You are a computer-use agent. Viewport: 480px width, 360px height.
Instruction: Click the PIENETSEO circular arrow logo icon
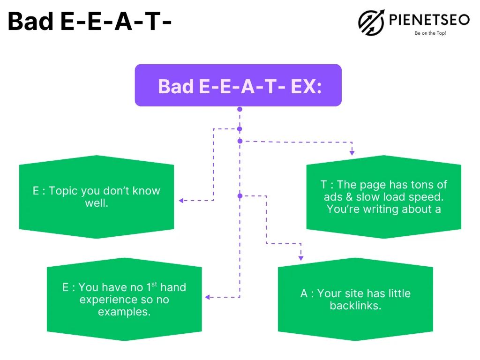[371, 22]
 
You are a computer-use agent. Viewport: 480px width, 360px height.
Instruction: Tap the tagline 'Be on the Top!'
[430, 33]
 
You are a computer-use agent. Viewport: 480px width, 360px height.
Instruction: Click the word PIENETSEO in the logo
[429, 20]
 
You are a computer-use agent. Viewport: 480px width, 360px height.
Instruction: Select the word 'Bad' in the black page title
[30, 22]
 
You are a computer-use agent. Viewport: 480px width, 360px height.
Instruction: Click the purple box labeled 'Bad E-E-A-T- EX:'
[238, 85]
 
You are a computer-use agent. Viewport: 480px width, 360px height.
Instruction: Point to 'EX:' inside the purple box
[306, 86]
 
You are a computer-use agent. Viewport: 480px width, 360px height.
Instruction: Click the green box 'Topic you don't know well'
[97, 197]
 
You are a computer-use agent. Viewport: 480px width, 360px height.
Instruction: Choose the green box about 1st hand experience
[124, 299]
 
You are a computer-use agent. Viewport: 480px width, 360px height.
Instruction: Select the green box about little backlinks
[355, 299]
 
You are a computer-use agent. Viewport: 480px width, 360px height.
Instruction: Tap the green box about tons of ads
[384, 197]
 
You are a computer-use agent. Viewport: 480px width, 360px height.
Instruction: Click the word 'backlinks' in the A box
[355, 306]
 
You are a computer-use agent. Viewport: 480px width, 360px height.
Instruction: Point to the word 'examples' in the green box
[124, 312]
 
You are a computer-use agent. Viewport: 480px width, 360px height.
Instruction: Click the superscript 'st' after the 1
[154, 284]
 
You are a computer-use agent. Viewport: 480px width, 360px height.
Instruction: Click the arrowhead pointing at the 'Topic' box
[181, 201]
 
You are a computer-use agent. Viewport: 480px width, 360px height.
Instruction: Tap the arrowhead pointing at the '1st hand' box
[207, 297]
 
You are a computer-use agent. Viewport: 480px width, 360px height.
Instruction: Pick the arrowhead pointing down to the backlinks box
[301, 258]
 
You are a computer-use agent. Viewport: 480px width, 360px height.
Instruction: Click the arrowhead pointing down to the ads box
[352, 153]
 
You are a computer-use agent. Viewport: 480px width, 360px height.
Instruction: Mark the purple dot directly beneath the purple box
[240, 109]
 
